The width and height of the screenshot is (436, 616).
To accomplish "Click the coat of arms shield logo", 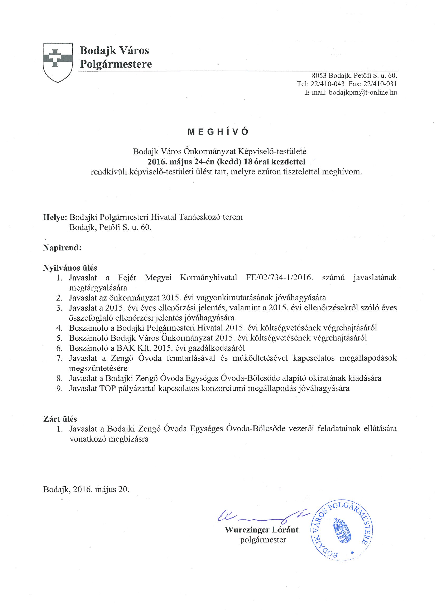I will point(58,62).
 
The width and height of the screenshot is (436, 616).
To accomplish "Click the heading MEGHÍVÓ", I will point(218,132).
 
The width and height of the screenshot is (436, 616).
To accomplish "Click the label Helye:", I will point(55,217).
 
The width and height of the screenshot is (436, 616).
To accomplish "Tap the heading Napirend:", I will point(62,247).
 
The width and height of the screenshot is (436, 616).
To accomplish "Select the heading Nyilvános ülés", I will point(70,267).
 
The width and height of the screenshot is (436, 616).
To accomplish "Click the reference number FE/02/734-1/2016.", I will point(279,277).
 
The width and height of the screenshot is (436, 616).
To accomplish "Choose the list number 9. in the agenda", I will point(59,388).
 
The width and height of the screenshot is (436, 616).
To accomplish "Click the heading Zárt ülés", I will point(60,419).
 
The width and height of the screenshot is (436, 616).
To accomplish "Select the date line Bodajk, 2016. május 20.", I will point(86,489).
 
